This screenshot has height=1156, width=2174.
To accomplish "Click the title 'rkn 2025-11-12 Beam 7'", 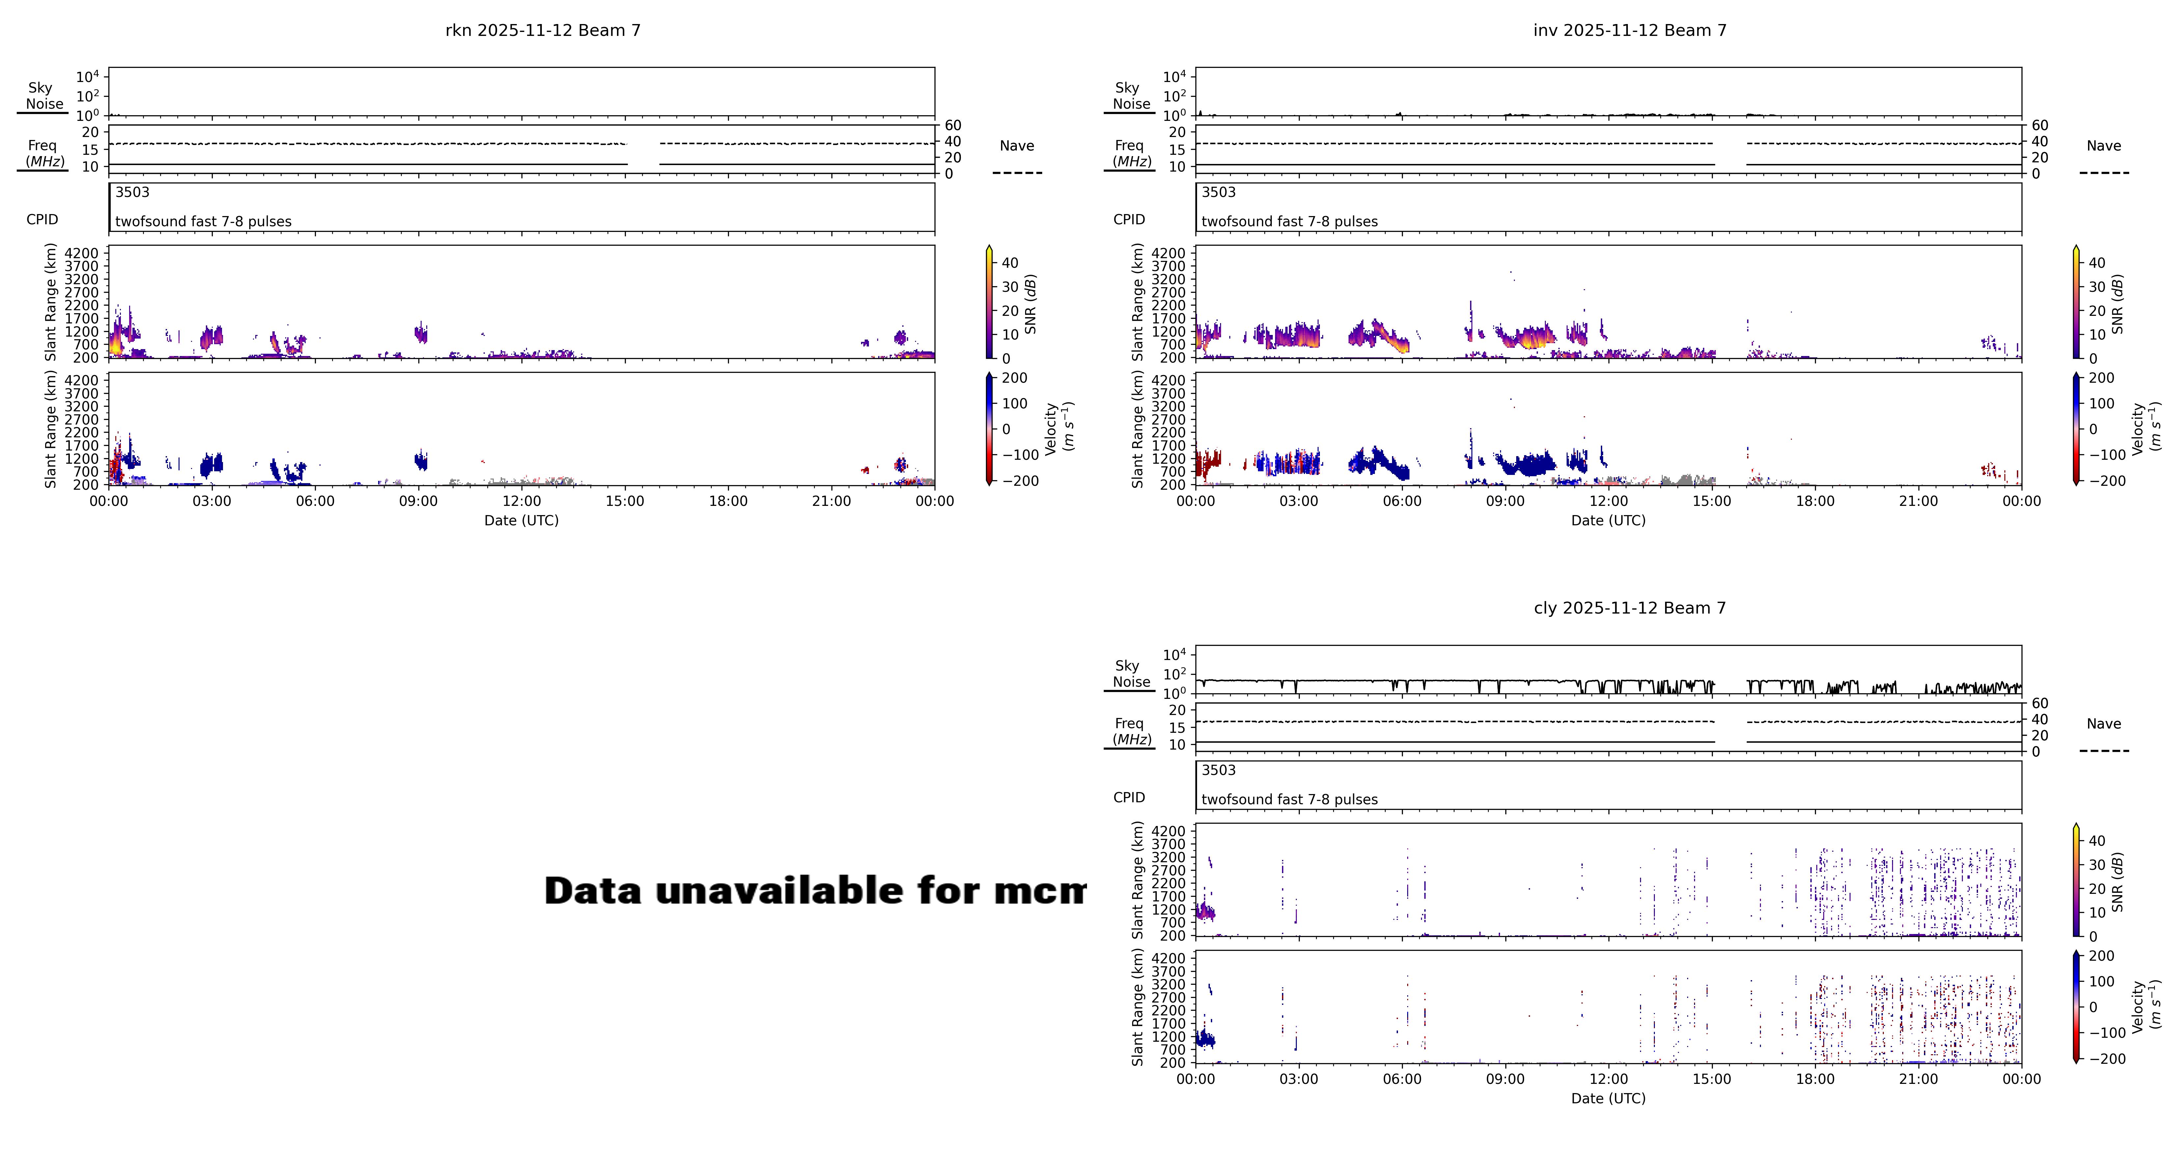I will pyautogui.click(x=543, y=30).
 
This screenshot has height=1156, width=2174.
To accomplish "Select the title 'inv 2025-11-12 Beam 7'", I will pyautogui.click(x=1630, y=30).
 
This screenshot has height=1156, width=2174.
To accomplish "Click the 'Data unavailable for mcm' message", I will pyautogui.click(x=814, y=890).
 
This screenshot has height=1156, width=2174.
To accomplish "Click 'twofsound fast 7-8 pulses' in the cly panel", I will pyautogui.click(x=1289, y=799).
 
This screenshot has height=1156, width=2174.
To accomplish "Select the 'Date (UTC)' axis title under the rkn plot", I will pyautogui.click(x=521, y=521).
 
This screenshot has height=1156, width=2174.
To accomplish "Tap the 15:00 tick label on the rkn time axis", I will pyautogui.click(x=625, y=501).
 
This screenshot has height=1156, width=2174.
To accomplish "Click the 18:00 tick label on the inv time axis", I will pyautogui.click(x=1815, y=501).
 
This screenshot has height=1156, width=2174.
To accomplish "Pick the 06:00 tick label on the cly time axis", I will pyautogui.click(x=1402, y=1079).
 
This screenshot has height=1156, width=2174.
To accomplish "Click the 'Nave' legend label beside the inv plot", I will pyautogui.click(x=2103, y=146).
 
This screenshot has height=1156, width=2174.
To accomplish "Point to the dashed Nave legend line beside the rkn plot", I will pyautogui.click(x=1017, y=173).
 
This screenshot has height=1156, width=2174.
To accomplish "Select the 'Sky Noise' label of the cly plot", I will pyautogui.click(x=1131, y=674).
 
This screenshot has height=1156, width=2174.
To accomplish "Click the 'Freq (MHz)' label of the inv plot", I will pyautogui.click(x=1130, y=153).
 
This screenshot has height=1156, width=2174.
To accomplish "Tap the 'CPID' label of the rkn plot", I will pyautogui.click(x=42, y=219).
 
